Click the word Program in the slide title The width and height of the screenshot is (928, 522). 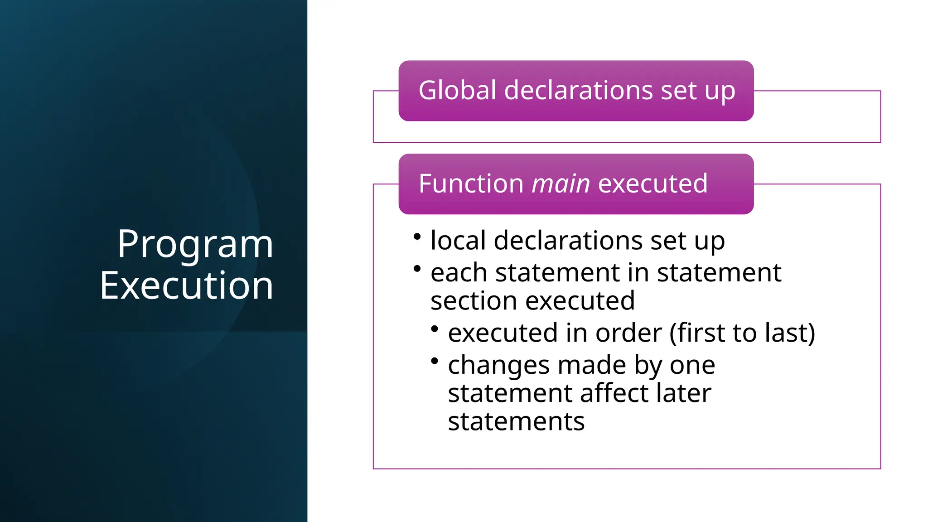coord(195,245)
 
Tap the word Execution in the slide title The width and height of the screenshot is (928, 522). coord(186,285)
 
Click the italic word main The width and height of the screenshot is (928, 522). coord(561,184)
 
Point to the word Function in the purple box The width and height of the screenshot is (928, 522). coord(471,184)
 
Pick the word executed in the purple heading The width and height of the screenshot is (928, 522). coord(652,184)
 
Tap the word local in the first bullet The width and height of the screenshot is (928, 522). coord(458,240)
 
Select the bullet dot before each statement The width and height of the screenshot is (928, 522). coord(417,269)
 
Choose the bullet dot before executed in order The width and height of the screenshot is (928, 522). coord(435,329)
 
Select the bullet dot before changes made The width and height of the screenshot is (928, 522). coord(435,361)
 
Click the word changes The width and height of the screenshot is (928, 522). coord(498,366)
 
